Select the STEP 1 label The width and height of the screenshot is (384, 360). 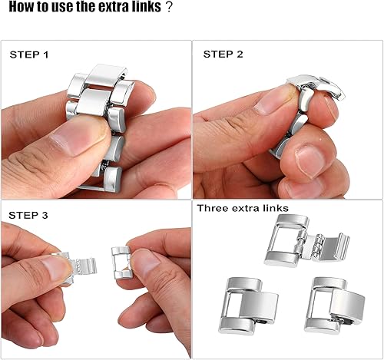coord(29,55)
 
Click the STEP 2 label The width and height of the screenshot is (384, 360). coord(223,54)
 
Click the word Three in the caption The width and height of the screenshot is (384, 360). coord(212,208)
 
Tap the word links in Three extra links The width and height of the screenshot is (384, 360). coord(273,208)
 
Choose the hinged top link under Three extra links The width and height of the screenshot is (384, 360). coord(304,239)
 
